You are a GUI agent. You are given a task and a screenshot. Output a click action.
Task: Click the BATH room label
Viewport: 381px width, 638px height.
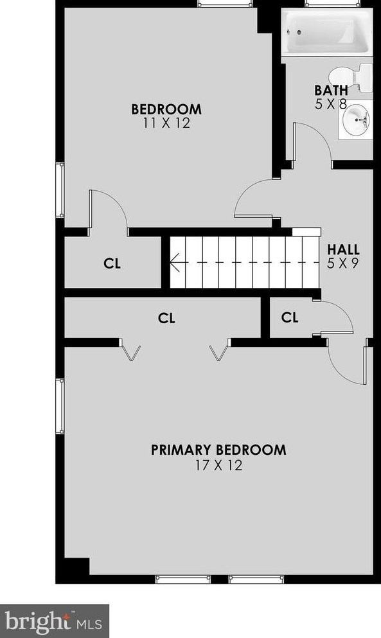(x=331, y=90)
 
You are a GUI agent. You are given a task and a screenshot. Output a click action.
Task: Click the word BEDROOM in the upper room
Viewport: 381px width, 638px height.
(x=166, y=109)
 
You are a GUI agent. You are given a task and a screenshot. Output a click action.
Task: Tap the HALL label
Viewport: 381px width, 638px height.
(x=343, y=249)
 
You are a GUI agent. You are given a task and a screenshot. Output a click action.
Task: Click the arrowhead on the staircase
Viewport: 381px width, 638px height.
(x=174, y=262)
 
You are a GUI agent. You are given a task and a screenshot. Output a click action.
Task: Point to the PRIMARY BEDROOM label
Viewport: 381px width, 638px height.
(x=218, y=450)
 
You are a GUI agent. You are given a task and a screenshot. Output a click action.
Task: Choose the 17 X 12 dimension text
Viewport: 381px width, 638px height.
(x=218, y=465)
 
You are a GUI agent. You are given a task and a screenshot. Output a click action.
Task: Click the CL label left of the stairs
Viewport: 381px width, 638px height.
(x=112, y=263)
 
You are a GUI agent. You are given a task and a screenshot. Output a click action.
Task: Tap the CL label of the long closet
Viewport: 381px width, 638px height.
(x=166, y=317)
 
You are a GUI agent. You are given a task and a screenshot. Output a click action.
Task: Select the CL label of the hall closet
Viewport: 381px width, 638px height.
(x=290, y=317)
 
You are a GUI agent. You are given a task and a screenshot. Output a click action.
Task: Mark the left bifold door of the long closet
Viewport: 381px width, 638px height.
(x=132, y=351)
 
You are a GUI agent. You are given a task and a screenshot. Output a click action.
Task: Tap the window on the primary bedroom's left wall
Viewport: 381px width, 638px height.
(x=61, y=406)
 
